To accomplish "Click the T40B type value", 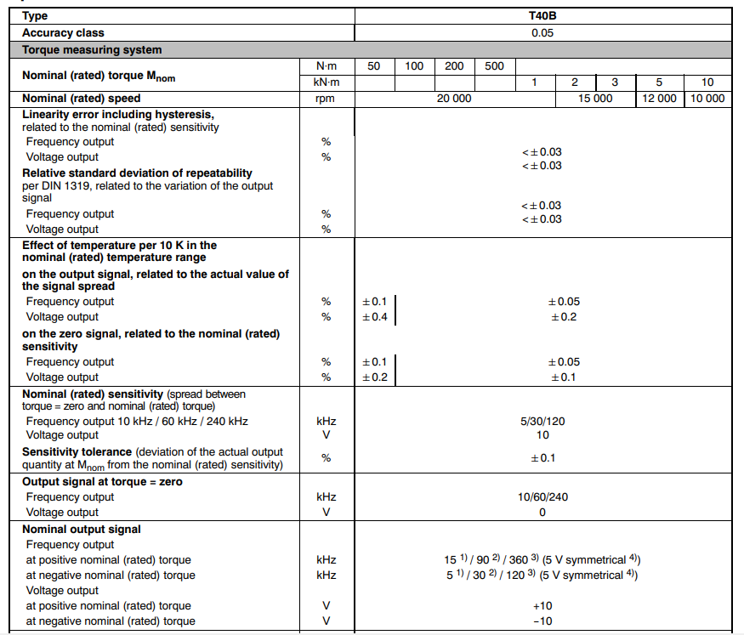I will click(542, 15).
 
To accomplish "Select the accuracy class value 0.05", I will click(542, 33).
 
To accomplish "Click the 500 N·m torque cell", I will click(494, 66).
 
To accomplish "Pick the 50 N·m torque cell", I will click(374, 66).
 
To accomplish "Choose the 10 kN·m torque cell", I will click(707, 82).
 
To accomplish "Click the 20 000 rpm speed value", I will click(454, 99).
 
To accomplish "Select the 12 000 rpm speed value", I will click(659, 99).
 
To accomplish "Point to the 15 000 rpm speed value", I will click(595, 99).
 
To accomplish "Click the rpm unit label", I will click(325, 99).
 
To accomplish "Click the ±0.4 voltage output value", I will click(374, 317).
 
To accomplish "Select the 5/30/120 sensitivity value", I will click(542, 421).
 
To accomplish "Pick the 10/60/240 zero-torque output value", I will click(542, 497).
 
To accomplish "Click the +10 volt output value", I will click(542, 606).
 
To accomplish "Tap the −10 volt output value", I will click(542, 621).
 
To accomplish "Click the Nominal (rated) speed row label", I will click(81, 99).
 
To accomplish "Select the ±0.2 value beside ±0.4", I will click(564, 317).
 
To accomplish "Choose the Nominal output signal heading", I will click(82, 529).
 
